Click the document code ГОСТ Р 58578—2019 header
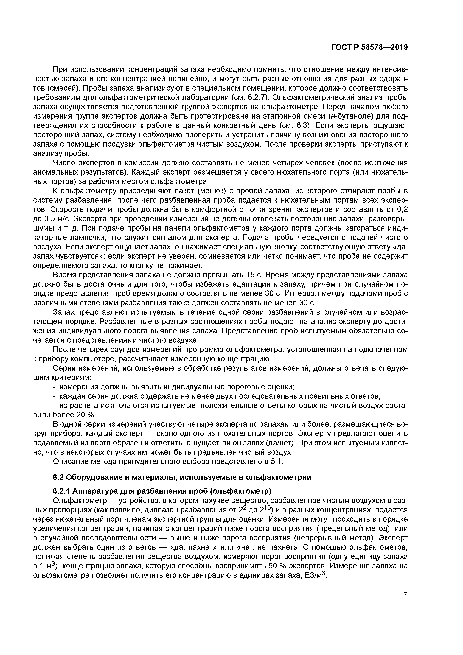(x=369, y=47)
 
